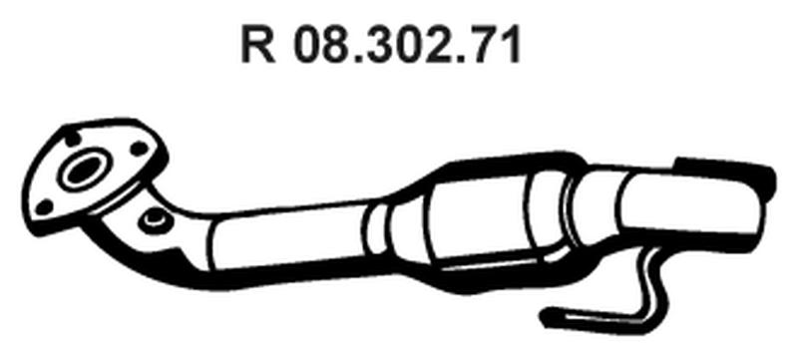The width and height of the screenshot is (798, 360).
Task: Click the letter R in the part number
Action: [x=257, y=46]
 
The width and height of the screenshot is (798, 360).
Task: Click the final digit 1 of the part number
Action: [x=511, y=46]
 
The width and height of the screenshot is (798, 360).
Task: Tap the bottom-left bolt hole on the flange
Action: [x=44, y=206]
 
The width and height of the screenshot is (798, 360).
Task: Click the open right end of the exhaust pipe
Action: [x=764, y=189]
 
